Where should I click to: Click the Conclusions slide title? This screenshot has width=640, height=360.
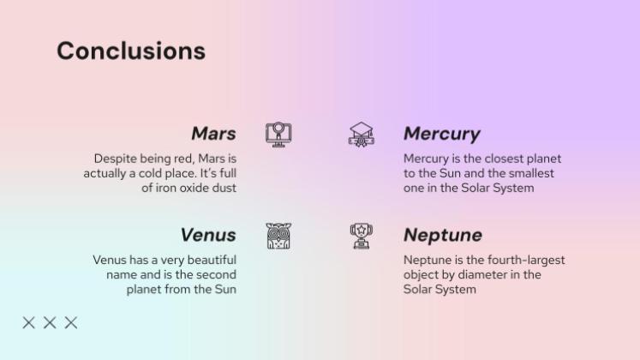[131, 51]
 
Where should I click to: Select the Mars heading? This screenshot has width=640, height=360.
[213, 134]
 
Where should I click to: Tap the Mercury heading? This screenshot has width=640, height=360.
[441, 134]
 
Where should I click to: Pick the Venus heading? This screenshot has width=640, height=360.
[207, 235]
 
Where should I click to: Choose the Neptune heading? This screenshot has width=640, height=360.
[442, 235]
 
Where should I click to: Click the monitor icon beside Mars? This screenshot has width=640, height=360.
[278, 134]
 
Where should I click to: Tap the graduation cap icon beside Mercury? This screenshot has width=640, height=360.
[362, 134]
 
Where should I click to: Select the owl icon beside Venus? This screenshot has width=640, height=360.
[278, 236]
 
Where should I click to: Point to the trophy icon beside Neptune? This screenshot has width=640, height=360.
[361, 235]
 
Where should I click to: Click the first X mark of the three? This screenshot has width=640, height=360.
[29, 322]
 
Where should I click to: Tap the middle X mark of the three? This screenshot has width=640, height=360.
[50, 322]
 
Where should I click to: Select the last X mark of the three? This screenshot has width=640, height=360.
[71, 322]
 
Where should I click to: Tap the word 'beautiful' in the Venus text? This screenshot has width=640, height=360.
[209, 260]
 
